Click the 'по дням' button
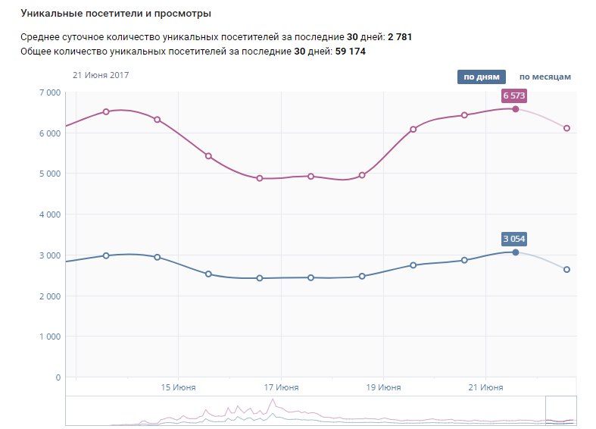481,77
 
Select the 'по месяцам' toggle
545,77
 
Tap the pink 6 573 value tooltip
514,96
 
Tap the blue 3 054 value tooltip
514,239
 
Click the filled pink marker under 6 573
516,109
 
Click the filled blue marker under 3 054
516,252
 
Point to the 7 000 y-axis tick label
49,92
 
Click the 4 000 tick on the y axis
49,214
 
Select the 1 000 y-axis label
49,337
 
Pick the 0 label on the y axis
58,377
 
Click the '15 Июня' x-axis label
178,387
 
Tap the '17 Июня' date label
280,387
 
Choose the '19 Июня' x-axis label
382,387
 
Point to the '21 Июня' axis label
485,387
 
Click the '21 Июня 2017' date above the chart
101,75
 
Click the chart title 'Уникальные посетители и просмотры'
116,14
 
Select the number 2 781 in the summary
399,36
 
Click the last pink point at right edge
566,128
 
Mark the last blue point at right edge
566,269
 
